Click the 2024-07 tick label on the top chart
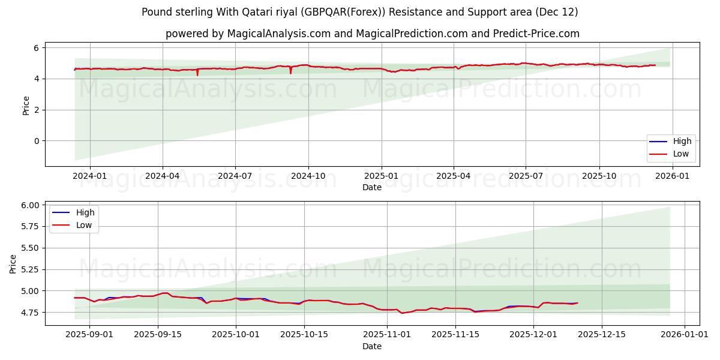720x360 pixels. [235, 176]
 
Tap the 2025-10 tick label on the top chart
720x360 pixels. [599, 176]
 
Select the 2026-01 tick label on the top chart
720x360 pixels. [672, 176]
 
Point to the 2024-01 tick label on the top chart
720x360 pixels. [89, 176]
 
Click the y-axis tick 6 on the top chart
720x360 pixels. [37, 47]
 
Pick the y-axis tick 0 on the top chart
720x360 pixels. [37, 141]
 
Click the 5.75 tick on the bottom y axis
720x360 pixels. [29, 227]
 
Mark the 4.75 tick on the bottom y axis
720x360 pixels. [29, 313]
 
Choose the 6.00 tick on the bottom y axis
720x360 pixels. [29, 205]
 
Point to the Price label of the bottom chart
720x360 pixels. [13, 263]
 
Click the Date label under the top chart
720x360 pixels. [372, 187]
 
